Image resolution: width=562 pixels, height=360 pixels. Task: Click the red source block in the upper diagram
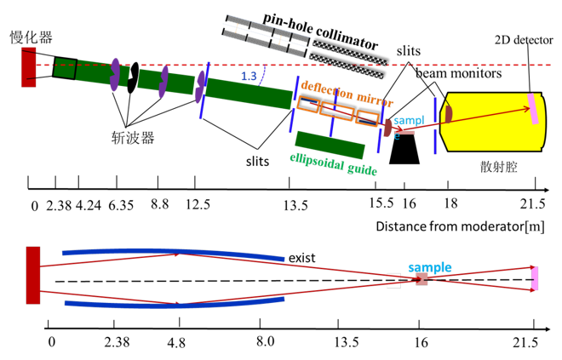pos(29,67)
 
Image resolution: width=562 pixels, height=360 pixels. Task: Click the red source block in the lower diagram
pos(33,275)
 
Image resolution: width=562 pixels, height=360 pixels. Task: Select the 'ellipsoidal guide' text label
pos(333,163)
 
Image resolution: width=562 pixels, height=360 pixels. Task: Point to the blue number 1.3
pos(249,77)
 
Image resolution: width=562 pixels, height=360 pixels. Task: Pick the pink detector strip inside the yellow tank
pos(533,109)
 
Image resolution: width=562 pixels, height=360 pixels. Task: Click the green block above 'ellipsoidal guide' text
pos(330,145)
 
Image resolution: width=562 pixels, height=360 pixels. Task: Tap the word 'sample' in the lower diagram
pos(429,267)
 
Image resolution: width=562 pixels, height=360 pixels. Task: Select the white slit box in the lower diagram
pos(393,280)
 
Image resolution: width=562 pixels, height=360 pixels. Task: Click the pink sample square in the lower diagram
pos(421,278)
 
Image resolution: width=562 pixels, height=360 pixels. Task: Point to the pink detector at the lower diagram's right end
pos(535,278)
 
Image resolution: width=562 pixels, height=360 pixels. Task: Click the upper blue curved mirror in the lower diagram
pos(170,252)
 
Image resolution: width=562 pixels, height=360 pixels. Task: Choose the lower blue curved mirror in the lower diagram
pos(170,303)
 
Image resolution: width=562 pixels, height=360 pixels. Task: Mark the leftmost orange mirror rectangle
pos(308,105)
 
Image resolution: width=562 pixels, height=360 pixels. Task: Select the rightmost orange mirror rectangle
pos(367,118)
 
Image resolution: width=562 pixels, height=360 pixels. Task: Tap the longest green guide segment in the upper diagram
pos(249,93)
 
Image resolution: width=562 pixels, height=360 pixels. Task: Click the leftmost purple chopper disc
pos(114,74)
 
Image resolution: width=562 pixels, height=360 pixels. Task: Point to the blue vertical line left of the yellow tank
pos(434,125)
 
